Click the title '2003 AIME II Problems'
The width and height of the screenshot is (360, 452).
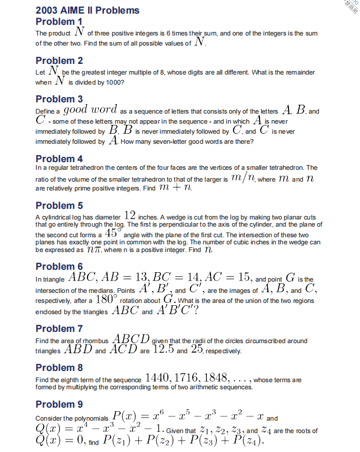coord(87,10)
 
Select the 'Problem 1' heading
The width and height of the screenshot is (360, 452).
coord(59,22)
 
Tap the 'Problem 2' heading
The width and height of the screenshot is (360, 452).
coord(59,60)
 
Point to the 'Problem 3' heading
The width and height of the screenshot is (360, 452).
coord(59,99)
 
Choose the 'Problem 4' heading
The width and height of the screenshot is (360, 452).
coord(59,159)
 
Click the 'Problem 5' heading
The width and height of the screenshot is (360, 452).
coord(59,206)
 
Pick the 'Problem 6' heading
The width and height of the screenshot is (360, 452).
coord(59,266)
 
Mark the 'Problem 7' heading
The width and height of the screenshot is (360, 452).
coord(59,328)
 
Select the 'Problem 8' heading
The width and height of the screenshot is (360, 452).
coord(59,367)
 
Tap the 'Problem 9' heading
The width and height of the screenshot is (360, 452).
coord(59,405)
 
